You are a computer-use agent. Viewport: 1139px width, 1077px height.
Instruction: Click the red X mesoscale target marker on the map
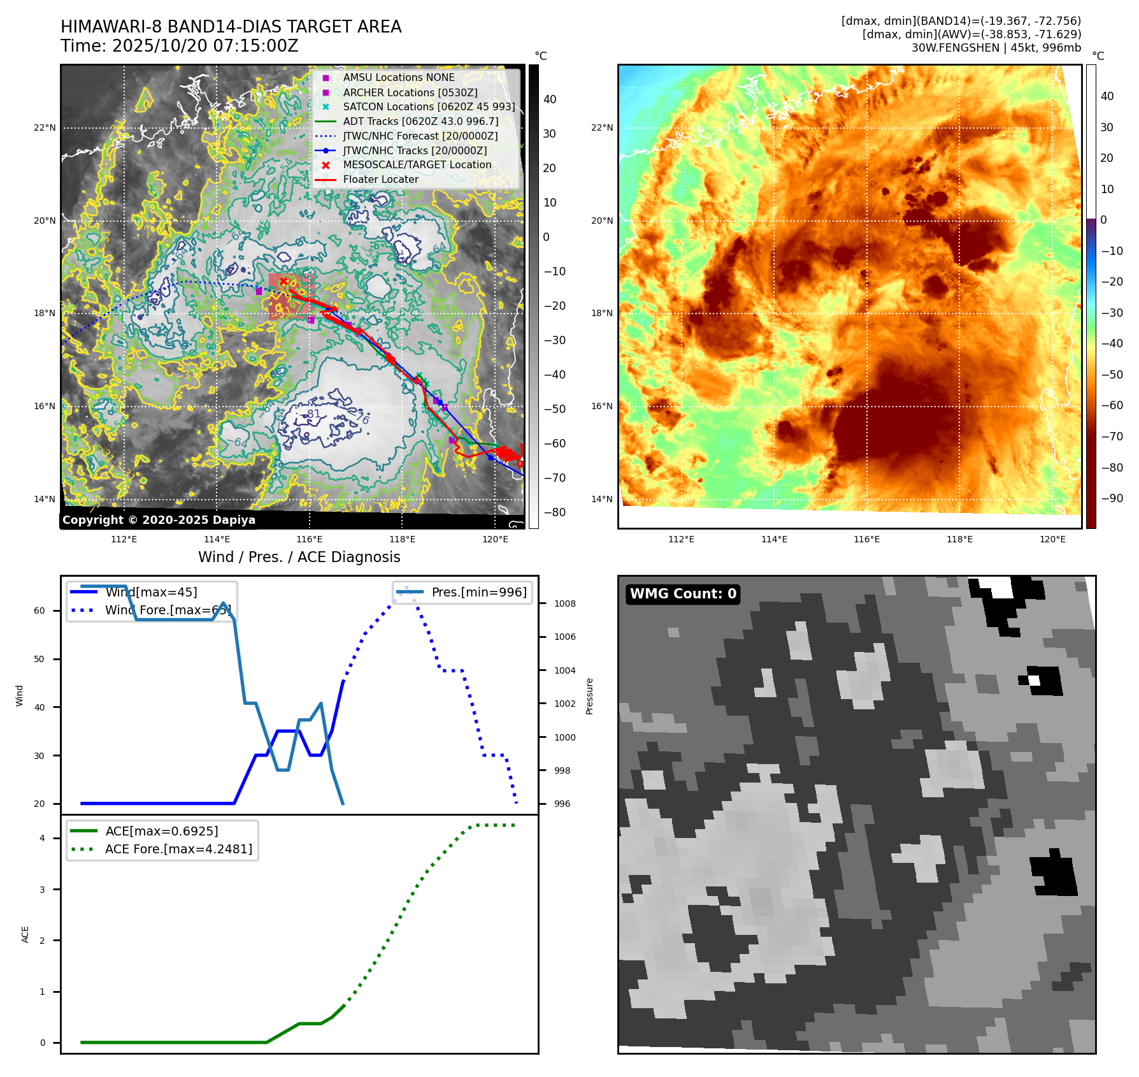point(284,281)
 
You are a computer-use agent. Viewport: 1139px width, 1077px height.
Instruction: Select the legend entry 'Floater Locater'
point(380,180)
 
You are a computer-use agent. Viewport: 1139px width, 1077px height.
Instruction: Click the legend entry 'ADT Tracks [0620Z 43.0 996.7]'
point(420,121)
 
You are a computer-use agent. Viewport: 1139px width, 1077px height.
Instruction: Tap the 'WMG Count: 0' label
point(683,594)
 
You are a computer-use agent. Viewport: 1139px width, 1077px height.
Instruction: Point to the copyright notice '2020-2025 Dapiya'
point(159,520)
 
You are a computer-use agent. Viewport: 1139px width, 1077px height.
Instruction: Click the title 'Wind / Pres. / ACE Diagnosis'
point(299,557)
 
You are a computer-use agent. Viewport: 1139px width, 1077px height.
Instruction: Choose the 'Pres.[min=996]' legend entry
point(479,592)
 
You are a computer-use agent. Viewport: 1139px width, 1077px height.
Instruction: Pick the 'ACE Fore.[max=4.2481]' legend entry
point(178,849)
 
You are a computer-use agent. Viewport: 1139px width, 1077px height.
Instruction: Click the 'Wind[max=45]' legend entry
point(151,592)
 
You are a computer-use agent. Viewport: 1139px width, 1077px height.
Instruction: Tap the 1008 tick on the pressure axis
point(564,604)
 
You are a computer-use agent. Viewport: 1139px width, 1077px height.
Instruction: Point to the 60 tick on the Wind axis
point(39,611)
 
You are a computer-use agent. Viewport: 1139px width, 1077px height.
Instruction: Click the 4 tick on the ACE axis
point(42,838)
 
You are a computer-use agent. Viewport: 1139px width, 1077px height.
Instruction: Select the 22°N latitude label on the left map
point(45,128)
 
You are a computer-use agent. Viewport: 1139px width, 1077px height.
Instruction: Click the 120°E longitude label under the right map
point(1052,539)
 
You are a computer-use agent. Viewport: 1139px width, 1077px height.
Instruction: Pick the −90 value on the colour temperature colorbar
point(1112,498)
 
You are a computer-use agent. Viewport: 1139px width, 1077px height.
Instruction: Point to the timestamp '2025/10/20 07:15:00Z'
point(205,46)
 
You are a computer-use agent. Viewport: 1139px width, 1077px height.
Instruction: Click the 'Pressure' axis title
point(589,696)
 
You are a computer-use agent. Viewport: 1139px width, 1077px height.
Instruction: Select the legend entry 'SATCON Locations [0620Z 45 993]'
point(429,106)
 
